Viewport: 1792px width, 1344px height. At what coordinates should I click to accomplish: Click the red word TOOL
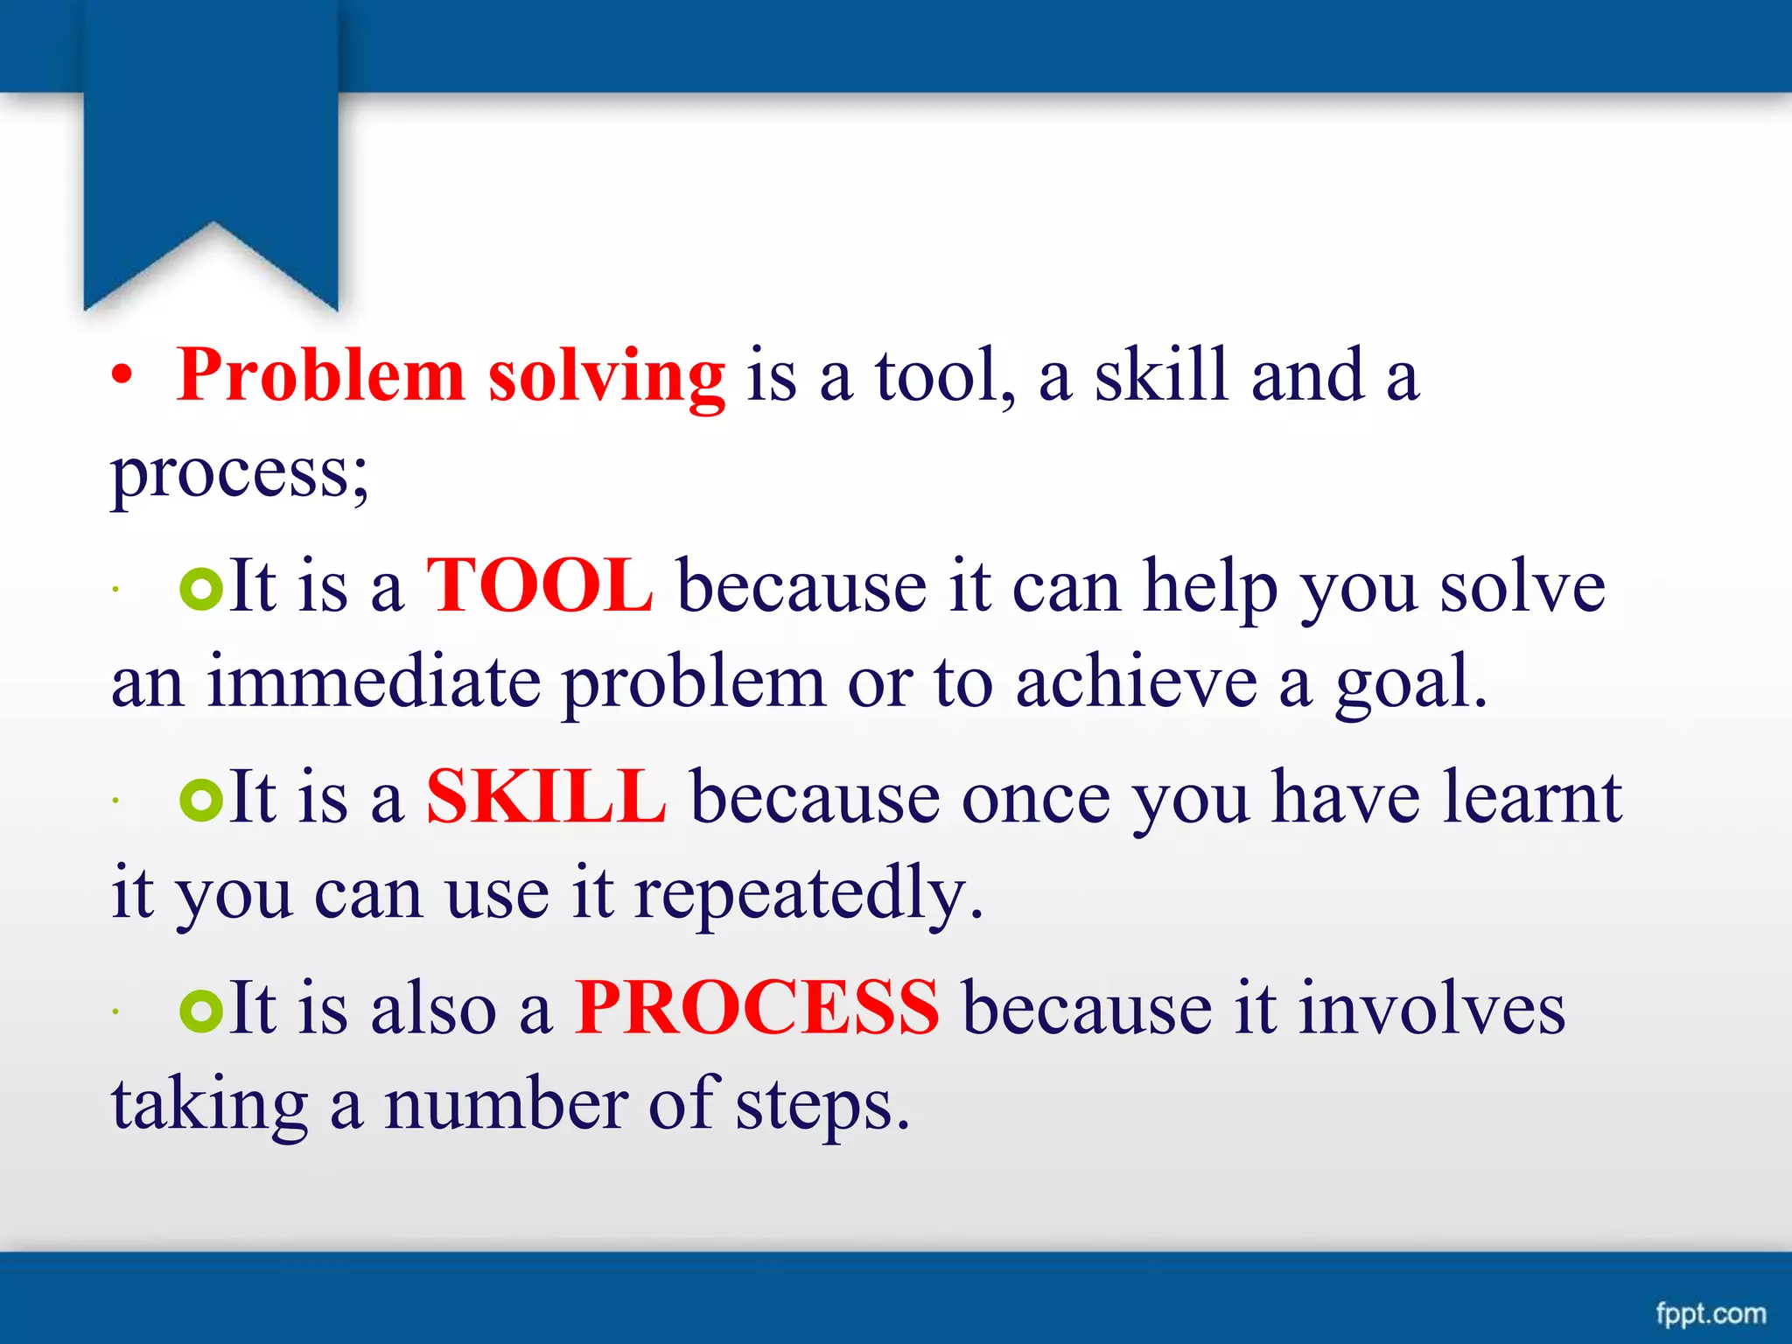(539, 586)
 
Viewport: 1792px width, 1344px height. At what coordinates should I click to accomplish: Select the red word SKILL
(546, 797)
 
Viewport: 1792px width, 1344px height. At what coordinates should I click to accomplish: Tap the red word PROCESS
(757, 1008)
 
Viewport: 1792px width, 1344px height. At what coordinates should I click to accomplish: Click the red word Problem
(320, 376)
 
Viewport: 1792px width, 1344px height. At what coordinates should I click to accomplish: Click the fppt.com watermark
(1711, 1312)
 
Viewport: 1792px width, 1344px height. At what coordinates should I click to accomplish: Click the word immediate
(374, 682)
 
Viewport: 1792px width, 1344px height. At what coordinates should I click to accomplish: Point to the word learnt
(1532, 797)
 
